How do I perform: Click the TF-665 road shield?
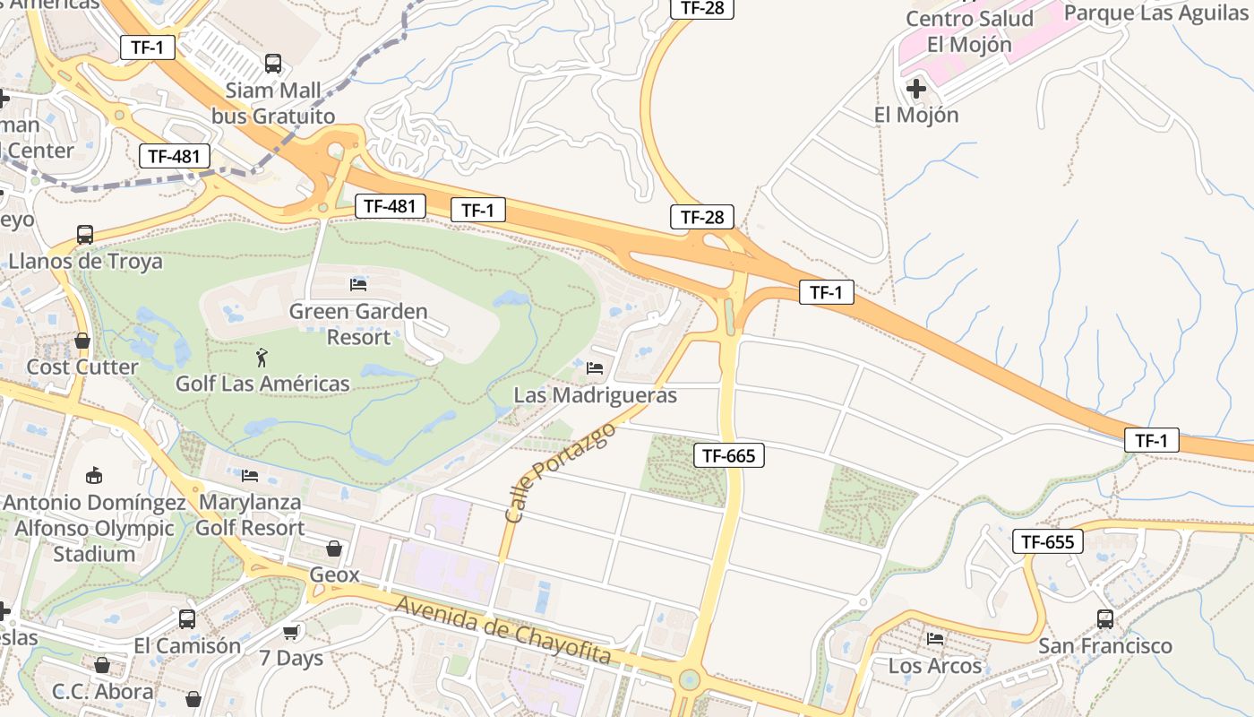pos(728,455)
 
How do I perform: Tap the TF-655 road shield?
pos(1047,541)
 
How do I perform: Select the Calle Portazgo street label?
pos(560,473)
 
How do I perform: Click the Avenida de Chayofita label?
pos(503,631)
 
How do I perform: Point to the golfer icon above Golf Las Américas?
pos(261,358)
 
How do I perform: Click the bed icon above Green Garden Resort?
pos(358,285)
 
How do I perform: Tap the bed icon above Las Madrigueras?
pos(595,367)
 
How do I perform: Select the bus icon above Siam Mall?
pos(273,64)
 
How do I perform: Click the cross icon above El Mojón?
pos(916,89)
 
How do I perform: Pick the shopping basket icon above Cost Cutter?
pos(82,341)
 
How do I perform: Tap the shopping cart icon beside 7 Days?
pos(291,633)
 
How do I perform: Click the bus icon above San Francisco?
pos(1105,618)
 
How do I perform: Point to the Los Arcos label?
pos(935,666)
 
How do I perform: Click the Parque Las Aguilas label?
pos(1155,13)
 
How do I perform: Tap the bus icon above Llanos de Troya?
pos(85,235)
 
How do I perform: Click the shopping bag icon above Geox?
pos(334,548)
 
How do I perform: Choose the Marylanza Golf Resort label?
pos(250,514)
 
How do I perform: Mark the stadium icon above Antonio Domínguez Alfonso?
pos(94,475)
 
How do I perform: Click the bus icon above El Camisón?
pos(187,618)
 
